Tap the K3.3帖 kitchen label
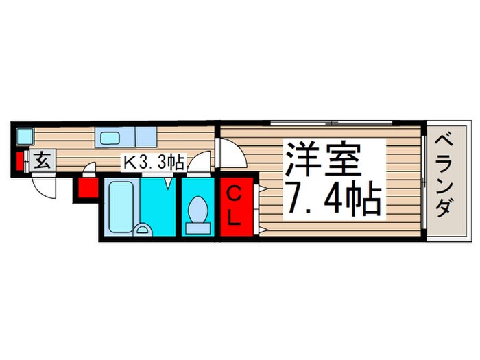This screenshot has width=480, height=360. point(152,163)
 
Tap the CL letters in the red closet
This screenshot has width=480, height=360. point(234,206)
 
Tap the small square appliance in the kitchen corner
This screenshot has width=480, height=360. point(25,136)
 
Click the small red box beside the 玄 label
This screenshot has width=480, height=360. point(19,163)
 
